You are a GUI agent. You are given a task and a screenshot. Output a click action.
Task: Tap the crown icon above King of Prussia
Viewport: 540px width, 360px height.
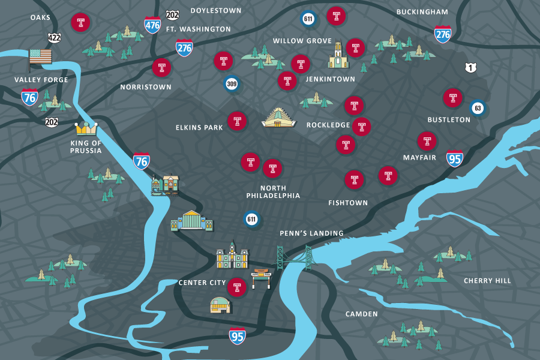tap(86, 128)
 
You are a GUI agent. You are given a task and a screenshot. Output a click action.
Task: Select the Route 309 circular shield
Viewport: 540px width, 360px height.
tap(232, 84)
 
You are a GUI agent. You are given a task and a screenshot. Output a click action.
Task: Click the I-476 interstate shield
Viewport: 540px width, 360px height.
tap(152, 25)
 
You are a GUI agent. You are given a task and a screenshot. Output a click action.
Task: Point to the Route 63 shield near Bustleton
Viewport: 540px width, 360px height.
tap(478, 109)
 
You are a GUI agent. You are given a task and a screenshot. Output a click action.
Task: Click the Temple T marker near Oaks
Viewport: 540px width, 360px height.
tap(80, 23)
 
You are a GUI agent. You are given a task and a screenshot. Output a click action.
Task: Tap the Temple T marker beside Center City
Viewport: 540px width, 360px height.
tap(237, 287)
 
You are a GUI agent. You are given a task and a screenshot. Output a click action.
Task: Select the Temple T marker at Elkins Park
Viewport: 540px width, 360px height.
tap(237, 121)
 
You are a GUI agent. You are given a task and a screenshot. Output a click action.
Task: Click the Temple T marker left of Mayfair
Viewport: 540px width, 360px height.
tap(427, 142)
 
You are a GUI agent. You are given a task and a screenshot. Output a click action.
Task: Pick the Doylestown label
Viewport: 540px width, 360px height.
tap(216, 11)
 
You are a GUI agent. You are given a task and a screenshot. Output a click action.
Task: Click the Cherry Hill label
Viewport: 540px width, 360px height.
tap(487, 281)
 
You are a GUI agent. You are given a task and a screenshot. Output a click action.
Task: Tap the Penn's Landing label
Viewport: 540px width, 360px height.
tap(311, 233)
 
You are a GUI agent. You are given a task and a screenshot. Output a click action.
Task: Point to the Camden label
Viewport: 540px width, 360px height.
tap(362, 314)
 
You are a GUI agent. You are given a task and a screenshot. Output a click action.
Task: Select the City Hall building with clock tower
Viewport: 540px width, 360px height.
tap(232, 256)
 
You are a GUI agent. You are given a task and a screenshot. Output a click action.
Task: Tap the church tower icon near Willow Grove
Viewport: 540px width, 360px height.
tap(338, 55)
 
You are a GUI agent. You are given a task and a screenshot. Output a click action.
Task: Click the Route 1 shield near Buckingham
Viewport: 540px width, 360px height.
tap(471, 68)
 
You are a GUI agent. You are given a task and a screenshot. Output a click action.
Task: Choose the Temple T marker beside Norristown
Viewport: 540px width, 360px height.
tap(161, 68)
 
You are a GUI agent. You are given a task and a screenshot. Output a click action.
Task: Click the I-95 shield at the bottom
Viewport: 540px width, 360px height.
tap(238, 337)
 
